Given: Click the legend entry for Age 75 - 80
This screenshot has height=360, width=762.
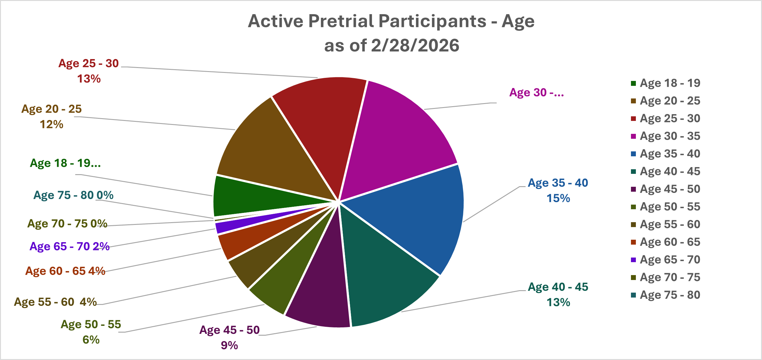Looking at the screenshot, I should (x=670, y=295).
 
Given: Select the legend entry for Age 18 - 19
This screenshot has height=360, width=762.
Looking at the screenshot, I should (x=670, y=83).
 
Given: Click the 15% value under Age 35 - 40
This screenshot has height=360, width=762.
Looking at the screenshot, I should (x=558, y=198).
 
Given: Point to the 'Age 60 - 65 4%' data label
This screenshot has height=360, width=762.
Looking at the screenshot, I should (x=65, y=271).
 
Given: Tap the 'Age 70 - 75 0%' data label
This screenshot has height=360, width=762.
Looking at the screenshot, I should (x=67, y=224).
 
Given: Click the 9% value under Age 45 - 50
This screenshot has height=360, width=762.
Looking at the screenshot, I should (x=229, y=346).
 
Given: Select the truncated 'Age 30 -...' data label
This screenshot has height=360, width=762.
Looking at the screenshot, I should (x=537, y=93).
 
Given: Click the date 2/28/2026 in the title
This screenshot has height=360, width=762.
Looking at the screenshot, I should (x=415, y=46).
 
